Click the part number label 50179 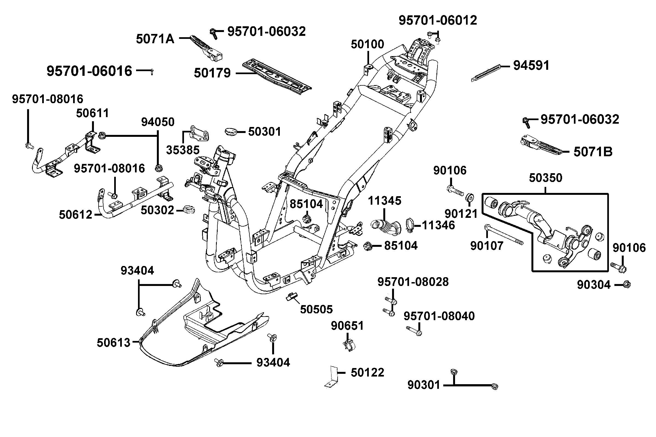tap(212, 73)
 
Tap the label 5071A tap(155, 39)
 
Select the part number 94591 tap(531, 65)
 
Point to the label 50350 tap(545, 178)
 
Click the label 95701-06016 tap(89, 71)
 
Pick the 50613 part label tap(113, 343)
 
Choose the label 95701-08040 tap(439, 316)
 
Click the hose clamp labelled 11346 tap(410, 225)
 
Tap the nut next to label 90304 tap(627, 285)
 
